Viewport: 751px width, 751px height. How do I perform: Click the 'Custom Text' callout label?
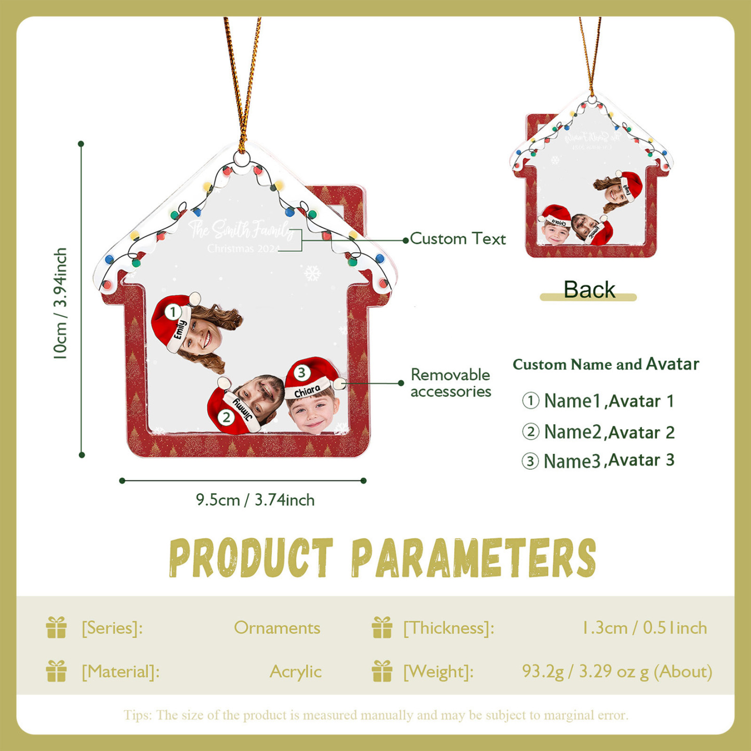click(457, 239)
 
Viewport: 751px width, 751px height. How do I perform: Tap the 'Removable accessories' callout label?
click(451, 383)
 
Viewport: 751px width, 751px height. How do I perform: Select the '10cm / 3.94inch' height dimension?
click(60, 304)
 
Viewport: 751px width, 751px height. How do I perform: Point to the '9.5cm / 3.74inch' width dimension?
click(255, 500)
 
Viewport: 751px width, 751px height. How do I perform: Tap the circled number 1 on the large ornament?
click(173, 312)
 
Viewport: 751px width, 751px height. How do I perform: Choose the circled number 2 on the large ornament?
click(226, 417)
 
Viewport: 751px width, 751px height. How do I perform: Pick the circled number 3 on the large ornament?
click(301, 373)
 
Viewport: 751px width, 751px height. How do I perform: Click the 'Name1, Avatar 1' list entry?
click(598, 401)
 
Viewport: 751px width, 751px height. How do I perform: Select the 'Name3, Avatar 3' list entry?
click(598, 461)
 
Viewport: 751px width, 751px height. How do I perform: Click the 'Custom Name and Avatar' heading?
click(605, 364)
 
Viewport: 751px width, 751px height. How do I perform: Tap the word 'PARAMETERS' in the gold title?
click(473, 559)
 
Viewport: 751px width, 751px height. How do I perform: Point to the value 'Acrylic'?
click(295, 672)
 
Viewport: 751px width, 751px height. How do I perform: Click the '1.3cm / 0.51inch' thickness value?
click(644, 628)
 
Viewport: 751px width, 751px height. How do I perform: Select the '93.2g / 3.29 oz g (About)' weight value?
click(617, 672)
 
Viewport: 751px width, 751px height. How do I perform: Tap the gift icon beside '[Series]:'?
click(56, 627)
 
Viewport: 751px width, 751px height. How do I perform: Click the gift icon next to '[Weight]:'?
click(382, 671)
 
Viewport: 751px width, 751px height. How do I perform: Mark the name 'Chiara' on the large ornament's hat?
click(307, 391)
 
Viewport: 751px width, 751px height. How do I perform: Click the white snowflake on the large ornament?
click(312, 273)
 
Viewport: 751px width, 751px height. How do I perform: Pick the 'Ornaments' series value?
click(277, 628)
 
